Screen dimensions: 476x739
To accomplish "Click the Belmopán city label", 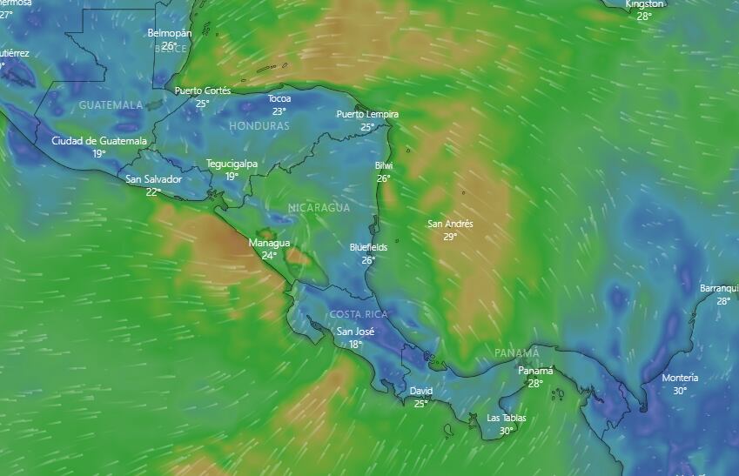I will coord(170,33).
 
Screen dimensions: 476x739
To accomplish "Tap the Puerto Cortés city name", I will coord(203,91).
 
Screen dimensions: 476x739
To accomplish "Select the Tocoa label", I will coord(279,98).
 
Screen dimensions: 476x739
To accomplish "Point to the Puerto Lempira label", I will coord(367,114).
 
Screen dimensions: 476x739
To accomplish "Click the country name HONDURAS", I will coord(259,126).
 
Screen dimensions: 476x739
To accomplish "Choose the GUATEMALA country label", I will coord(111,105).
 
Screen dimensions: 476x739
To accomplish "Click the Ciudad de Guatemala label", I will coord(99,140).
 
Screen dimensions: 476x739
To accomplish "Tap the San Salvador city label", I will coord(154,179).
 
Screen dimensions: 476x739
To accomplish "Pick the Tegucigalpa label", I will coord(232,164).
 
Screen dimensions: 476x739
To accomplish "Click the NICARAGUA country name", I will coord(319,208).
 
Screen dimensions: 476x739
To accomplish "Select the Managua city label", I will coord(269,243).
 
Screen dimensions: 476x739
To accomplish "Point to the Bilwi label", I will coord(384,165).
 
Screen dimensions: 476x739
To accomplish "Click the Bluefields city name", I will coord(368,247).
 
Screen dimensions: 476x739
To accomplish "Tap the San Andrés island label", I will coord(450,224).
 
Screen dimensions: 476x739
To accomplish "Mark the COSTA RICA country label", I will coord(359,314).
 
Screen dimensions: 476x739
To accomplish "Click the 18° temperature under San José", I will coord(356,344).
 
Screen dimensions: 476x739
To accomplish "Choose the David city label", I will coord(420,392).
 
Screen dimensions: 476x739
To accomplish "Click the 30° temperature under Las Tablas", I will coord(506,431).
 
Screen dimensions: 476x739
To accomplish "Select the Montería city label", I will coord(680,378).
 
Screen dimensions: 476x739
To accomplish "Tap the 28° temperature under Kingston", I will coord(644,16).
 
